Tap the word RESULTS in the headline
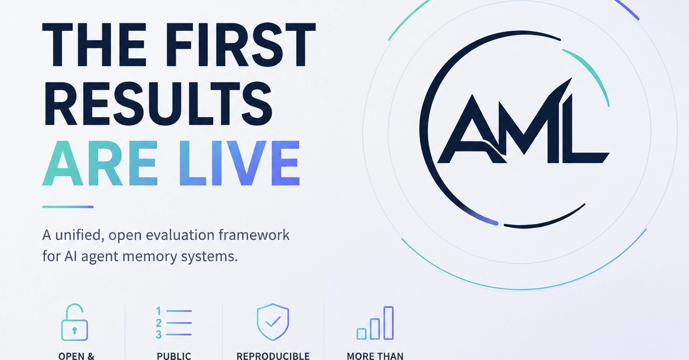click(x=158, y=104)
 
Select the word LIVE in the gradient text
click(x=239, y=163)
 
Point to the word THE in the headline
click(x=94, y=44)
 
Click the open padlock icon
click(x=75, y=322)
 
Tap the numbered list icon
click(x=174, y=323)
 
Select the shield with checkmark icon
click(x=273, y=322)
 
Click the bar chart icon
click(x=376, y=323)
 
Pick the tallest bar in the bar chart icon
click(x=389, y=323)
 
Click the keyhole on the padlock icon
click(x=75, y=331)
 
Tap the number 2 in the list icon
click(x=158, y=323)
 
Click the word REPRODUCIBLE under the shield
click(x=273, y=357)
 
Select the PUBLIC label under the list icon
click(x=174, y=357)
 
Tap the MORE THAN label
click(x=375, y=357)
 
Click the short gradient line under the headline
click(x=68, y=207)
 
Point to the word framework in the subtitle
click(x=254, y=235)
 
